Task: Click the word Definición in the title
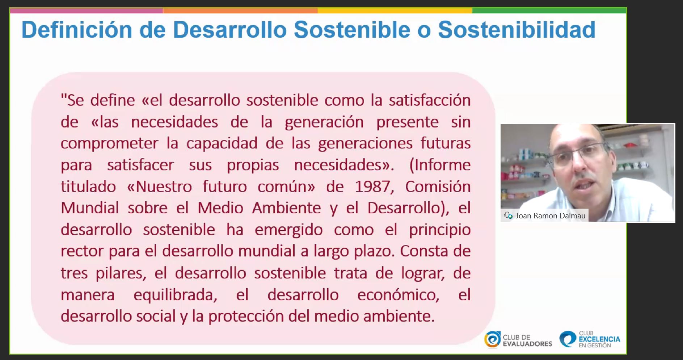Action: point(77,30)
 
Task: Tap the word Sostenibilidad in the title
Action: point(517,30)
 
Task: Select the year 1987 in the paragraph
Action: point(372,187)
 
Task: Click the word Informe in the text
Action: point(440,165)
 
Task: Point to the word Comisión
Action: point(438,187)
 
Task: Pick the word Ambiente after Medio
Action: point(287,208)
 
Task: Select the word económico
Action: point(398,295)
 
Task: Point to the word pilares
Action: point(121,273)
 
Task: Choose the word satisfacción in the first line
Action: point(430,100)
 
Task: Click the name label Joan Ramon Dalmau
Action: point(550,216)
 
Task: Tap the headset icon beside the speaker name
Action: point(508,215)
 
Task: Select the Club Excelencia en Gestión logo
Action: point(590,339)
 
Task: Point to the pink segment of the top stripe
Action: point(87,11)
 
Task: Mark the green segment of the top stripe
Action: point(549,11)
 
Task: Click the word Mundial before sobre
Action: point(89,208)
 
